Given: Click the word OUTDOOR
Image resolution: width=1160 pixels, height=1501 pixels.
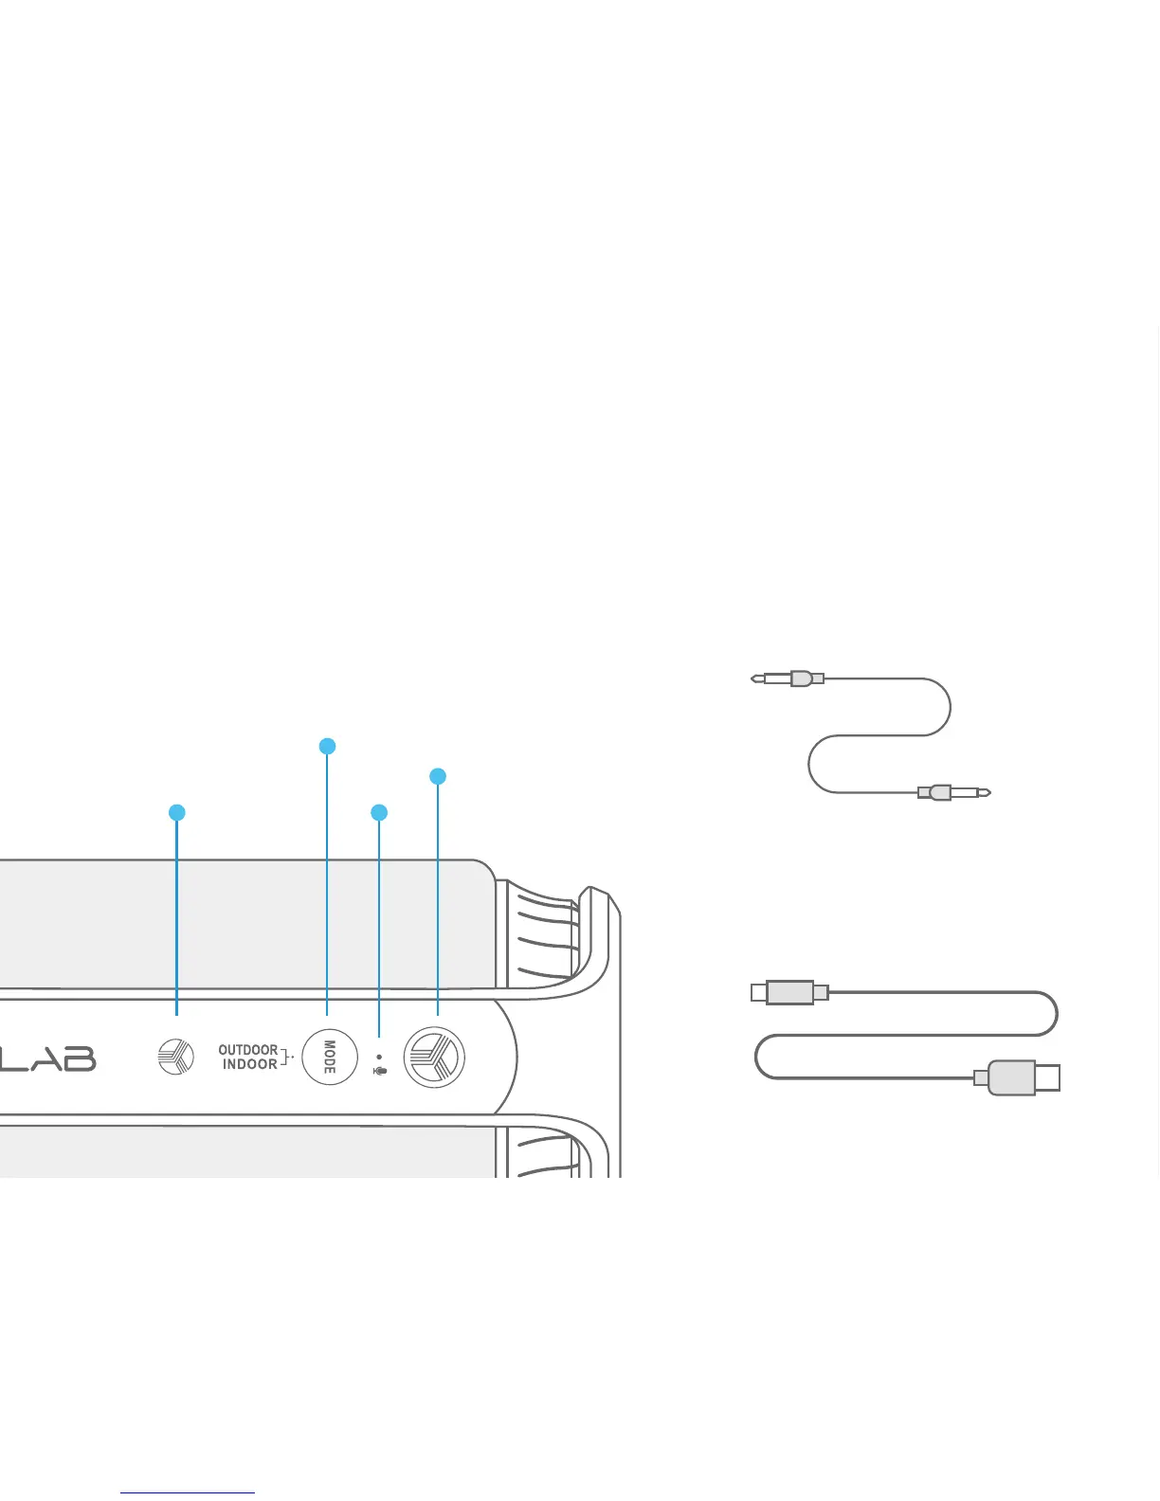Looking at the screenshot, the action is pyautogui.click(x=247, y=1050).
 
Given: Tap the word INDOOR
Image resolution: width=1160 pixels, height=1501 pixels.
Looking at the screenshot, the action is pyautogui.click(x=249, y=1065).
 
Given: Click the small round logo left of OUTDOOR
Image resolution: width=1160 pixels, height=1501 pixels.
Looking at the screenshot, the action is pyautogui.click(x=175, y=1057).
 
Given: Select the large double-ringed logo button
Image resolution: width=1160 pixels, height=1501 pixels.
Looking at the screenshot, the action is pyautogui.click(x=434, y=1057).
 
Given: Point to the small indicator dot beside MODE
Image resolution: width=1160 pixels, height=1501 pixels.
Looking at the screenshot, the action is pyautogui.click(x=379, y=1057).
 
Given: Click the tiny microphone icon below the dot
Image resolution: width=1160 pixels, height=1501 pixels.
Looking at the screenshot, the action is pyautogui.click(x=380, y=1072).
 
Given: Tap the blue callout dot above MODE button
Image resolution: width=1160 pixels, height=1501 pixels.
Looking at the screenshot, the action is pyautogui.click(x=327, y=747).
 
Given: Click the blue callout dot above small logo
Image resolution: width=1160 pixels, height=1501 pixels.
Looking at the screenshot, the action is pyautogui.click(x=176, y=812).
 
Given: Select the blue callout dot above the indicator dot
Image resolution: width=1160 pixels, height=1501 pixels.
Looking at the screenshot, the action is pyautogui.click(x=379, y=812).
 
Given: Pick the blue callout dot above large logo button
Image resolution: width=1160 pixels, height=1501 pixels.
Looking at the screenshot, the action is pyautogui.click(x=437, y=776).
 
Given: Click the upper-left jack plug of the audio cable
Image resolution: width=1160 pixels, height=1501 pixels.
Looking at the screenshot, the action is pyautogui.click(x=787, y=678).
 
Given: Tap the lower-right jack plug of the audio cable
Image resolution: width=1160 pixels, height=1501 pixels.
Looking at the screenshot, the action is pyautogui.click(x=953, y=792).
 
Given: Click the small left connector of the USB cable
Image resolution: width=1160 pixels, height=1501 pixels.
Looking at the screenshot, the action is pyautogui.click(x=789, y=992).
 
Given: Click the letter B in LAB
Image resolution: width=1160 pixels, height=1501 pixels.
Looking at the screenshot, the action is pyautogui.click(x=79, y=1058).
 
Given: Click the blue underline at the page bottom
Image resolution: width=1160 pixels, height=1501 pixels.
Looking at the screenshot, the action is pyautogui.click(x=188, y=1493).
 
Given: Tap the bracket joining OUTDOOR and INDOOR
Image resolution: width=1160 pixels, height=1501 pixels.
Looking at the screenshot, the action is pyautogui.click(x=284, y=1057).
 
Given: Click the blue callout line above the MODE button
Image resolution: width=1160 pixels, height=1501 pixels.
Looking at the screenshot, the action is pyautogui.click(x=327, y=881).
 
